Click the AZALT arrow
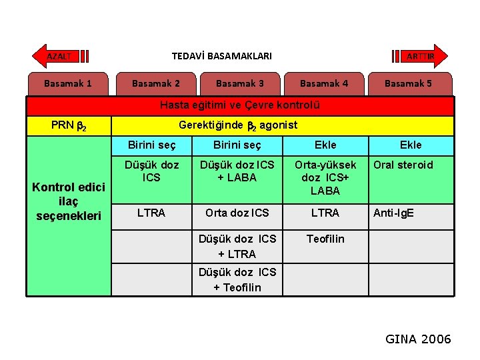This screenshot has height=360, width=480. tap(61, 57)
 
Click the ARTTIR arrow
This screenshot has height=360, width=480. tap(421, 57)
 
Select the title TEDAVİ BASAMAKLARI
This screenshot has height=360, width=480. tap(222, 57)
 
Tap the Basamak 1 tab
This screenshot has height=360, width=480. tap(68, 83)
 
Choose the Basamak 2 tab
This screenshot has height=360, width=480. tap(156, 83)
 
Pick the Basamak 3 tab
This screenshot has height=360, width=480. tap(240, 83)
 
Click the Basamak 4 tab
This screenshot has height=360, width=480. tap(324, 83)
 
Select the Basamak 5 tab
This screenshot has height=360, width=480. tap(408, 83)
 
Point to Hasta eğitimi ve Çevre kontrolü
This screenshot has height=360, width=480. tap(240, 105)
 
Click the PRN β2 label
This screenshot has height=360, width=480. tap(68, 125)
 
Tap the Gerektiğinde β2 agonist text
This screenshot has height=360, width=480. tap(238, 125)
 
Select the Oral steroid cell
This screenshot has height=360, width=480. tap(403, 165)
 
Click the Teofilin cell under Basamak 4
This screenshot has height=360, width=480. tap(325, 239)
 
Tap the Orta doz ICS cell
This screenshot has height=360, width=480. tap(237, 213)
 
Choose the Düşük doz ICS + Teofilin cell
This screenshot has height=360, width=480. tap(237, 279)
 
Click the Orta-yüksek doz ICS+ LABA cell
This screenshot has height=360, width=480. tap(325, 177)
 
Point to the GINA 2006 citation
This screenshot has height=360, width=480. tap(418, 339)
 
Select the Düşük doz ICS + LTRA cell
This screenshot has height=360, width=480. tap(237, 246)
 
